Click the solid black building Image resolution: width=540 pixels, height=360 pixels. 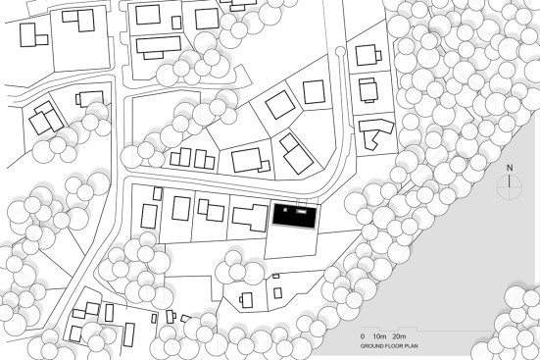click(294, 216)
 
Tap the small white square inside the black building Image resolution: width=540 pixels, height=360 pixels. click(285, 209)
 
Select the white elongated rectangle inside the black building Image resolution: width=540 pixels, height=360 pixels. click(302, 211)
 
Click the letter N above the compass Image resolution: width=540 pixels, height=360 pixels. click(510, 168)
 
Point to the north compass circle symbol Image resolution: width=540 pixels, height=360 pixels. click(510, 187)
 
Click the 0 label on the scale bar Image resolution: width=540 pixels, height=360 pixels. click(363, 336)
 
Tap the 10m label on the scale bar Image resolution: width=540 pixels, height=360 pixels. click(380, 336)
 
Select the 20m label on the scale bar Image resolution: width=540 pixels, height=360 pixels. click(399, 336)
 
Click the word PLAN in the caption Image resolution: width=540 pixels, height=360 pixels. click(412, 345)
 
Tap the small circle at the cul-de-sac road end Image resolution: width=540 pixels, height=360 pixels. click(339, 51)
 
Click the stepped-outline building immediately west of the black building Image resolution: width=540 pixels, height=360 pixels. click(250, 217)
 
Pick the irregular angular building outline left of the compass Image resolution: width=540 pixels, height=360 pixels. click(375, 132)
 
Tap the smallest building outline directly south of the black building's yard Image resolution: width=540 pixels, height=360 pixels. click(275, 276)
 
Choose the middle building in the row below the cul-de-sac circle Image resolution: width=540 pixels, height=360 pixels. click(368, 90)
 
